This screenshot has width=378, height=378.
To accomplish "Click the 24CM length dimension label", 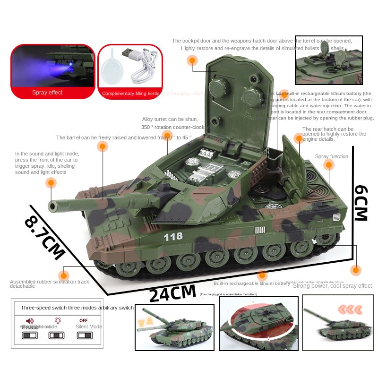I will [x=172, y=293].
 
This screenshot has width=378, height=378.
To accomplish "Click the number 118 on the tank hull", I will [x=173, y=237].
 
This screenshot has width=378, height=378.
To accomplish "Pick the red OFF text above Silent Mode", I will [x=84, y=320].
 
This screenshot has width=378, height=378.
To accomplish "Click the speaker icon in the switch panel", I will [x=29, y=321].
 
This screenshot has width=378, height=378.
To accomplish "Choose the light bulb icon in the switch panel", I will [x=58, y=320].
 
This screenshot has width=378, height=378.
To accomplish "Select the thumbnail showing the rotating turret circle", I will [x=258, y=324].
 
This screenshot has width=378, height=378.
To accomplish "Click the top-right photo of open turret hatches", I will [x=328, y=60].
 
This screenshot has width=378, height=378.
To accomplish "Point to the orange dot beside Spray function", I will [x=328, y=164].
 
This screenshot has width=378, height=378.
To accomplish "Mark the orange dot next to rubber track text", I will [x=63, y=275].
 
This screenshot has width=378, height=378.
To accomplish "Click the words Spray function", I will [x=332, y=156].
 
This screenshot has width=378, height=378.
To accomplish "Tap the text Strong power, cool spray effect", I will [x=333, y=286].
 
